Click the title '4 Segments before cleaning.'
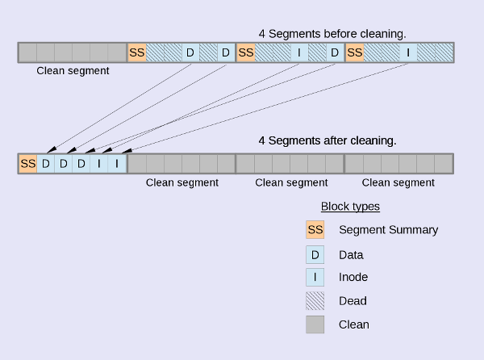coord(332,33)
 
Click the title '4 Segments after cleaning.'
coord(327,140)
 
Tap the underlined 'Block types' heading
coord(350,207)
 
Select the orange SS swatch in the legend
coord(315,230)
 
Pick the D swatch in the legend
coord(315,255)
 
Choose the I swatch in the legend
coord(315,278)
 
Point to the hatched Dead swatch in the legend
coord(315,301)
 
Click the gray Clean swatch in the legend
coord(315,324)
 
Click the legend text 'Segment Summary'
coord(388,230)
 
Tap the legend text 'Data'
coord(351,255)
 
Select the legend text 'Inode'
coord(353,278)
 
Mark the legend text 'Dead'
coord(353,301)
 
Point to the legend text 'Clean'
coord(354,324)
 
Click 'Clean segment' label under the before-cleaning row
coord(73,71)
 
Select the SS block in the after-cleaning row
coord(27,164)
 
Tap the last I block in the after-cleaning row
coord(118,164)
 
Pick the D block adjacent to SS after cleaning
coord(46,164)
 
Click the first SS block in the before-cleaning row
coord(137,53)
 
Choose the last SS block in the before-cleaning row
coord(354,53)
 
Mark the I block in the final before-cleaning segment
coord(409,53)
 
